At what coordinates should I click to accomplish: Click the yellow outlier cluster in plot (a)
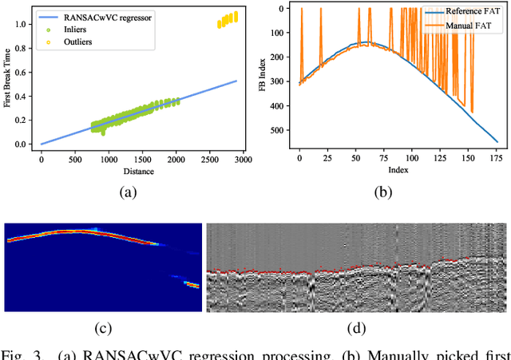pyautogui.click(x=227, y=20)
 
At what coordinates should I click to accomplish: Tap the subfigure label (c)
pyautogui.click(x=103, y=327)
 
